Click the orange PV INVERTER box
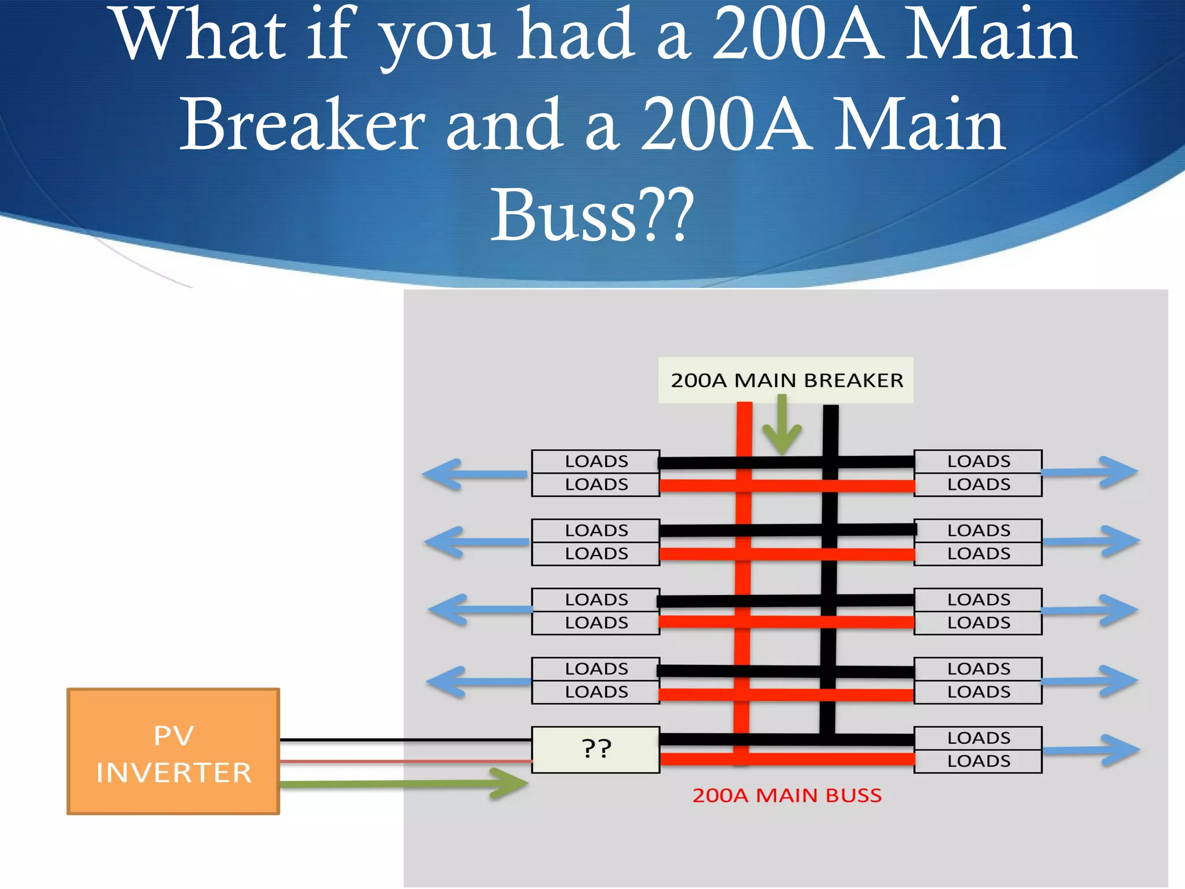pos(173,751)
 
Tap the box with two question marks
pos(596,750)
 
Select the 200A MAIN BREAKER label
pos(786,380)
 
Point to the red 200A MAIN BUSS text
pos(787,796)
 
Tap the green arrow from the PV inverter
pos(405,784)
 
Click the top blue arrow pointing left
pos(474,474)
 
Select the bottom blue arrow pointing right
pos(1091,750)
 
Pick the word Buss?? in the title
pos(592,215)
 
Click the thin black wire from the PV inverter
pos(405,740)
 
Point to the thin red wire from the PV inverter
pos(405,761)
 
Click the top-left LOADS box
pos(596,461)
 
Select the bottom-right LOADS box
pos(978,761)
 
